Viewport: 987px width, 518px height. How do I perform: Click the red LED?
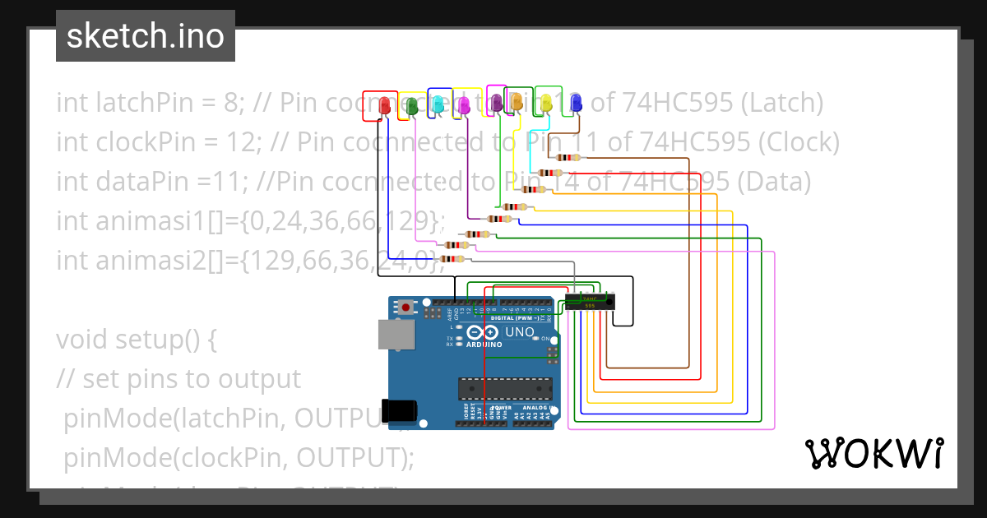(384, 105)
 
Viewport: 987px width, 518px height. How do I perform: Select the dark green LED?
(411, 105)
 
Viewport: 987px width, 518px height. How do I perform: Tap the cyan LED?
(438, 104)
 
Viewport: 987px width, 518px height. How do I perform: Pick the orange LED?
(517, 101)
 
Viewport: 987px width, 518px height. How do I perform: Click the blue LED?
(576, 103)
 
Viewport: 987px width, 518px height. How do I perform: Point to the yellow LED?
(546, 103)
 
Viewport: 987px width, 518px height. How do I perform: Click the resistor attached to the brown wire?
(568, 158)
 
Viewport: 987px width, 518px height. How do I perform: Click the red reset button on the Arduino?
(406, 308)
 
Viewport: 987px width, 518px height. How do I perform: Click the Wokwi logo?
(873, 453)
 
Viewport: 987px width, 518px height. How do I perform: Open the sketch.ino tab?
(146, 36)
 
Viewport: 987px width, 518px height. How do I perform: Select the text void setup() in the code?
(137, 339)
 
